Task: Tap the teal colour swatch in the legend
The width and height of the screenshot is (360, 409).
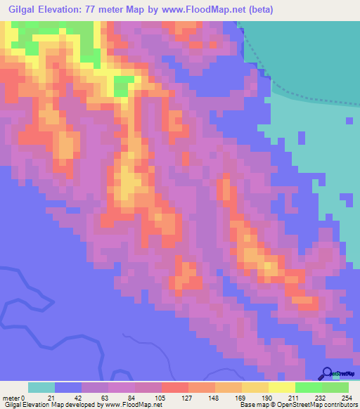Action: point(41,387)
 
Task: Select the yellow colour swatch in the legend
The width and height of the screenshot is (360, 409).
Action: point(281,387)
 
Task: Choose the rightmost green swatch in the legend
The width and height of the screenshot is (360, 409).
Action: point(335,387)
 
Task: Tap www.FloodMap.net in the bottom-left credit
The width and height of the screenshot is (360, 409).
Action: point(133,405)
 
